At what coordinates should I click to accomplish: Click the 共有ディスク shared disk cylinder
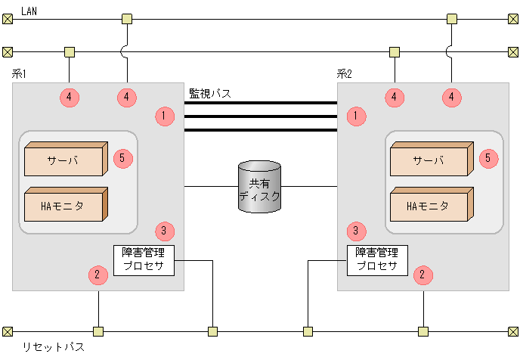(259, 187)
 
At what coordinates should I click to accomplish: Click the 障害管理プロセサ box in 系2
(376, 259)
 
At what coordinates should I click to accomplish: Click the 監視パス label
(209, 93)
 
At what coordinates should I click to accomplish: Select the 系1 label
(20, 73)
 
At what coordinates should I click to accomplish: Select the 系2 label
(345, 73)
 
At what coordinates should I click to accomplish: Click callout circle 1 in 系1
(164, 116)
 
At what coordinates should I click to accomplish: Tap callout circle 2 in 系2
(423, 275)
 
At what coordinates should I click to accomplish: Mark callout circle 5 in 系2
(488, 158)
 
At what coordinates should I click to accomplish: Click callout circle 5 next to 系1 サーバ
(123, 158)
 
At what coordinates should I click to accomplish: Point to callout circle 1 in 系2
(356, 116)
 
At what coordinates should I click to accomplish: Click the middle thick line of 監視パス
(260, 116)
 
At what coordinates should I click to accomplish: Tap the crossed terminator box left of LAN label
(8, 18)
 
